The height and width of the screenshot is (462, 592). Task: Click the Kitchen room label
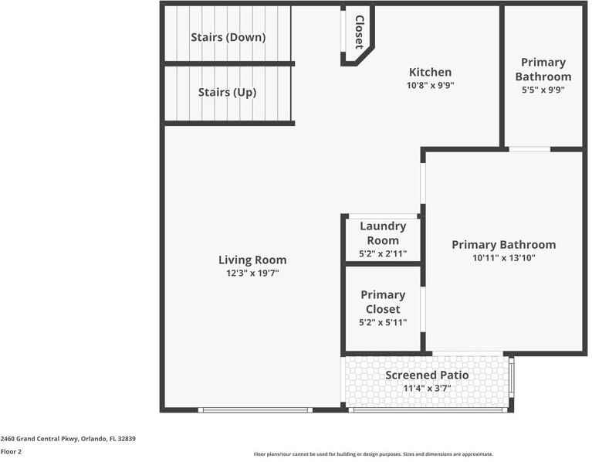pyautogui.click(x=430, y=72)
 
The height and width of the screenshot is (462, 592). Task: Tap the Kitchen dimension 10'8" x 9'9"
pyautogui.click(x=430, y=86)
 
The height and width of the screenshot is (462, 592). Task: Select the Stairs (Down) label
pyautogui.click(x=228, y=37)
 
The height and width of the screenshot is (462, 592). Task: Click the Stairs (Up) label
pyautogui.click(x=227, y=92)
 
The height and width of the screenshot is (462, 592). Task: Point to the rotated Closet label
pyautogui.click(x=359, y=32)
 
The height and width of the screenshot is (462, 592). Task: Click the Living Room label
pyautogui.click(x=252, y=260)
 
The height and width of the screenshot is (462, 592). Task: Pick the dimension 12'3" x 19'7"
pyautogui.click(x=252, y=273)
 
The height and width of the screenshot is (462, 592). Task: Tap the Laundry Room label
pyautogui.click(x=383, y=233)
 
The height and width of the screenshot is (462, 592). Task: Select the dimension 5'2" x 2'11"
pyautogui.click(x=383, y=254)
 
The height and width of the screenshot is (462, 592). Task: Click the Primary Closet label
pyautogui.click(x=383, y=301)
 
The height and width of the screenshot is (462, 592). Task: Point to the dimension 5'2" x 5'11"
pyautogui.click(x=383, y=322)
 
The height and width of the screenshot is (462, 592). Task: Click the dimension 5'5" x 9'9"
pyautogui.click(x=543, y=90)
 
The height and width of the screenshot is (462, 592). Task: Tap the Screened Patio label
pyautogui.click(x=427, y=375)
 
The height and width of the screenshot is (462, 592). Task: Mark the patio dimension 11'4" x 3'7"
pyautogui.click(x=427, y=389)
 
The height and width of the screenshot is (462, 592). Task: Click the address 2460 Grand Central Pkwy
pyautogui.click(x=68, y=439)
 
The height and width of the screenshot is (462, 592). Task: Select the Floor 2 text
pyautogui.click(x=11, y=452)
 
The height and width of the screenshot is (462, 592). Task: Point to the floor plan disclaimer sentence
pyautogui.click(x=374, y=454)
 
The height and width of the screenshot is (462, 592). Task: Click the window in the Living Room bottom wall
pyautogui.click(x=255, y=409)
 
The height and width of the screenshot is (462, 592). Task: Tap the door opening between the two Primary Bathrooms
pyautogui.click(x=529, y=148)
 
